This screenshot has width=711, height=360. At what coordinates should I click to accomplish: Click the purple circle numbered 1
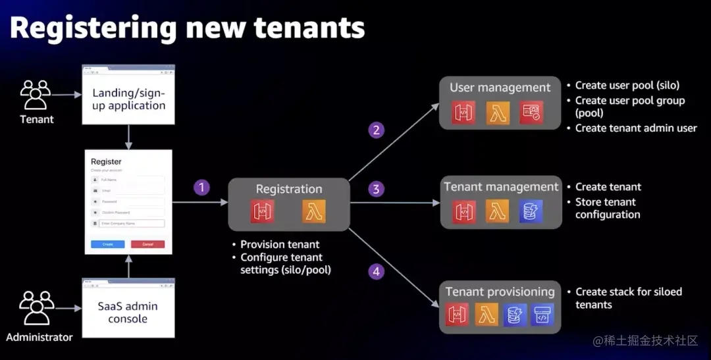point(201,188)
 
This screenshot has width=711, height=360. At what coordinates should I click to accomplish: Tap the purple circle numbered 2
point(376,130)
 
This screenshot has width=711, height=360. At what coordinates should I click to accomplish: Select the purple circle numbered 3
point(376,190)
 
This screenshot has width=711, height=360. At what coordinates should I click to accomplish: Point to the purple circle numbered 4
point(376,270)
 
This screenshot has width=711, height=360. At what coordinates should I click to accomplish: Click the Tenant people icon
point(36,95)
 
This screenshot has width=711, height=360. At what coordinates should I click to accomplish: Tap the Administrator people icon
point(37,309)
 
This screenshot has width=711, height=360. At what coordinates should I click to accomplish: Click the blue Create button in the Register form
point(107,244)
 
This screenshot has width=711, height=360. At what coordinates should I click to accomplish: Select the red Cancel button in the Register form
point(147,244)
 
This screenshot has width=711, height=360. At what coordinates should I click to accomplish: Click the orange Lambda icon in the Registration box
point(314,212)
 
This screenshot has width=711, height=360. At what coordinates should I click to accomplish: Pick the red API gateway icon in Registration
point(262,212)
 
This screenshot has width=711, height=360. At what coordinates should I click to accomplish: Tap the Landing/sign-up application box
point(128,98)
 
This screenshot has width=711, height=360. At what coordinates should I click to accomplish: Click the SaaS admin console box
point(128,312)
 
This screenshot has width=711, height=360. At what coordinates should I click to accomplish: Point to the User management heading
point(500,88)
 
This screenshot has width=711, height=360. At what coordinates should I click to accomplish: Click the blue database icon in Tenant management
point(530,211)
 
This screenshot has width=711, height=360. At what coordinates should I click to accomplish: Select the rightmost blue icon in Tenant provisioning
point(542,315)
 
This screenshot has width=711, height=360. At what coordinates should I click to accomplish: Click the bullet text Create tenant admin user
point(636,128)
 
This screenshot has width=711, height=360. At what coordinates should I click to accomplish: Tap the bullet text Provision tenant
point(280,244)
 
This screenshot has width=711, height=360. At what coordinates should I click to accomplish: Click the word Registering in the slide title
point(93,28)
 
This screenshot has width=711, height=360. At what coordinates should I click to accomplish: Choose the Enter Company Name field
point(131,224)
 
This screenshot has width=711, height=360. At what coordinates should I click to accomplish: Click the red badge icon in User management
point(531,113)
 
